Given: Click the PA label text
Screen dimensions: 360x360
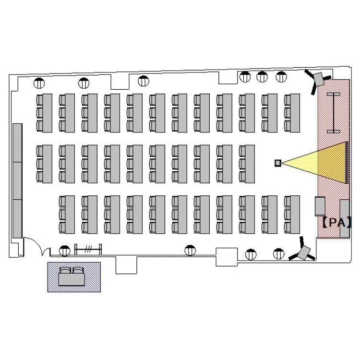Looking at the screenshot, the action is pos(337,222).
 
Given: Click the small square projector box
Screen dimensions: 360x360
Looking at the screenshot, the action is pos(278,163).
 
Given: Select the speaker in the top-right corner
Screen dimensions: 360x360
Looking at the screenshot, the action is pos(318,80).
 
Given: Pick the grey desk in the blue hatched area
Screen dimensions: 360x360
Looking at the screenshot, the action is pos(72,279).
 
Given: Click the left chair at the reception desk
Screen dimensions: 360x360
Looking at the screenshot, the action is pos(65,270).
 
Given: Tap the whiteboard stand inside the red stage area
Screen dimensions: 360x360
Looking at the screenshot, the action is pos(334,113).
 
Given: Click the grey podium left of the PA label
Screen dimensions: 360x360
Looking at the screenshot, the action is pos(320,206).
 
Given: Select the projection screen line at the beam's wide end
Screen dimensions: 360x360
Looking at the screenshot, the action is pos(347,163).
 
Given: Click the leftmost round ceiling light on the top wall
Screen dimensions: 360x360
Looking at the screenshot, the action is pos(39,83).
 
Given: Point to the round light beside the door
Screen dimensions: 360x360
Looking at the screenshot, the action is pos(64,251).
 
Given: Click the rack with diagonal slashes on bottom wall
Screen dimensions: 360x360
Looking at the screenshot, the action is pos(88,249).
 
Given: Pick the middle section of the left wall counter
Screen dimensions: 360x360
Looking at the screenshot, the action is pos(17,180).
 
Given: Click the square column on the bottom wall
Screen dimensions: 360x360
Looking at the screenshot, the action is pos(227,257).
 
